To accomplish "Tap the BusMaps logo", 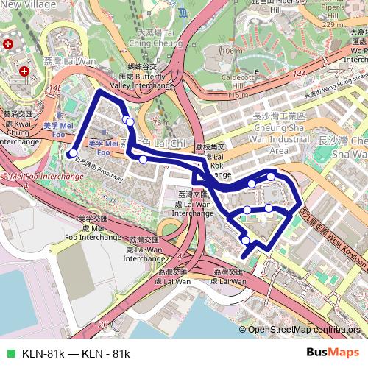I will tap(333, 353).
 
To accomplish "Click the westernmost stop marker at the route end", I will tap(72, 154).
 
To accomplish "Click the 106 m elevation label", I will tap(232, 51).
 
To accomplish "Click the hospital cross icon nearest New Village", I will tap(8, 44).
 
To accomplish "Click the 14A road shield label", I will tap(299, 74).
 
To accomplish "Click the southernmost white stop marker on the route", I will tap(245, 240).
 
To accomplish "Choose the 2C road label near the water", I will tap(103, 323).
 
